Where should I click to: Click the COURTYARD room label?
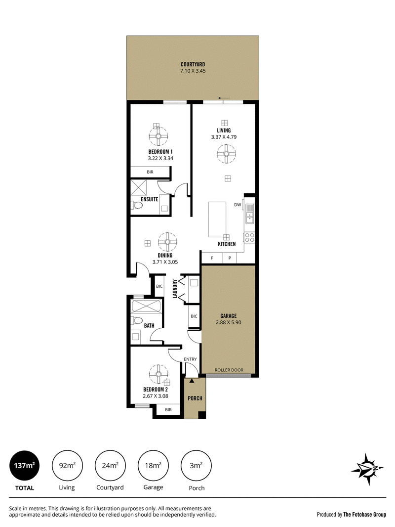[193, 64]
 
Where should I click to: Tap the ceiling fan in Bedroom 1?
[158, 136]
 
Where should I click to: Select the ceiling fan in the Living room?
[226, 154]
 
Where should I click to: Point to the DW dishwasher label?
[237, 205]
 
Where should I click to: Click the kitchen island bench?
[217, 220]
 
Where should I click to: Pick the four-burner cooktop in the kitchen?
[249, 238]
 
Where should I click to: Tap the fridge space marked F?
[212, 258]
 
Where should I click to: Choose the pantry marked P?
[230, 258]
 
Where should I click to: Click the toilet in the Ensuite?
[136, 205]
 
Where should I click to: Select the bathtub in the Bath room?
[147, 307]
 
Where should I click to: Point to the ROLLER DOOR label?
[229, 370]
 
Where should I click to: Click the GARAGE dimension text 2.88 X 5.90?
[229, 322]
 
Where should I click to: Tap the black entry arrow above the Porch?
[192, 381]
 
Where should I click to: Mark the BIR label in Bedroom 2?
[168, 410]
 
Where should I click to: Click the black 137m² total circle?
[25, 466]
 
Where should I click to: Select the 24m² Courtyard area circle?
[110, 466]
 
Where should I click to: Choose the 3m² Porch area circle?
[196, 466]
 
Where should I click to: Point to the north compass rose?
[367, 469]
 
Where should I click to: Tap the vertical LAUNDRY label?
[175, 289]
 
